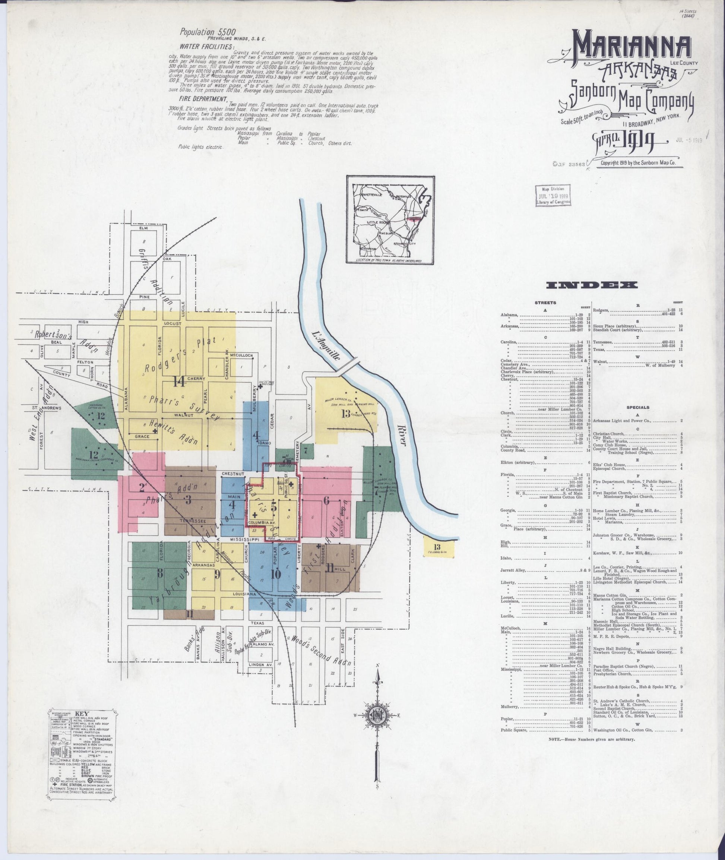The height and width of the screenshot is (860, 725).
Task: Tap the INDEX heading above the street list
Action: click(592, 285)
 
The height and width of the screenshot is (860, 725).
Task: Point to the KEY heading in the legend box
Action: click(85, 714)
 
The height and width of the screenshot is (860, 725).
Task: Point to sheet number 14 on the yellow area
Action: click(180, 382)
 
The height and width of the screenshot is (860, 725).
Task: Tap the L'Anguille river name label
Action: click(326, 345)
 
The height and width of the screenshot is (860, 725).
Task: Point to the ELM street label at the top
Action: click(143, 228)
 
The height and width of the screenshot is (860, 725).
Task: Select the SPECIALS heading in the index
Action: click(637, 407)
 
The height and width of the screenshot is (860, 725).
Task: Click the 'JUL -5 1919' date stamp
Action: click(689, 140)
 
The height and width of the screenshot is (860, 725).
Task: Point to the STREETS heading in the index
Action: click(545, 303)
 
